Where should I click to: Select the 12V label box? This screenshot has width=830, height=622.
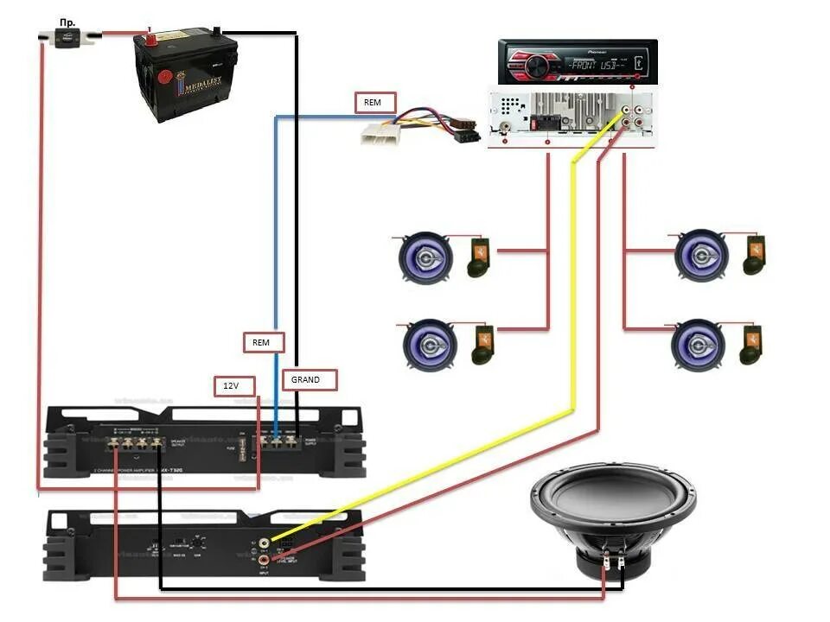coord(230,386)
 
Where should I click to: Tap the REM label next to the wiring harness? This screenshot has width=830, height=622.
coord(374,102)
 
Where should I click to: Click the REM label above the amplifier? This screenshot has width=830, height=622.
coord(261,342)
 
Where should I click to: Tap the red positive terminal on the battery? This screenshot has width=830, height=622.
coord(150,37)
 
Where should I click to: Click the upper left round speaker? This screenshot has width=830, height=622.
coord(425,257)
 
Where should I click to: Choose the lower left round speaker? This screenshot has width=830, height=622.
coord(430,345)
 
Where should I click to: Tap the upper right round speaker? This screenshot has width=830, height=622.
coord(703,256)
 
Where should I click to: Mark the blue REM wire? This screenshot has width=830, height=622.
coord(275,259)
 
